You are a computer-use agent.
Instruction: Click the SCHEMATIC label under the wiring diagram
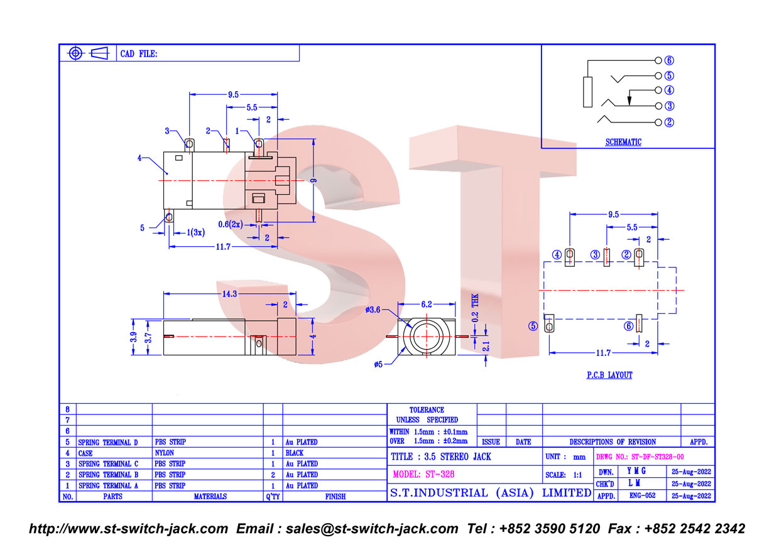pos(623,142)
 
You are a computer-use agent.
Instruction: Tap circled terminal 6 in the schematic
pos(669,60)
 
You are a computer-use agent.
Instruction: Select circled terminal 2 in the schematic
pos(669,122)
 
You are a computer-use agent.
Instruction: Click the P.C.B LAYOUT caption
pos(609,375)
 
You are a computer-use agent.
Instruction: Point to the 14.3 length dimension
pos(229,294)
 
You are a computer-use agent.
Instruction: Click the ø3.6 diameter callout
pos(373,310)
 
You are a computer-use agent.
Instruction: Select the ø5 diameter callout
pos(378,364)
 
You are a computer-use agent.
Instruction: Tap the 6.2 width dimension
pos(427,305)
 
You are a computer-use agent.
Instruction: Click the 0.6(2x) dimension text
pos(231,225)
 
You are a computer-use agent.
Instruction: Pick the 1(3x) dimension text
pos(196,232)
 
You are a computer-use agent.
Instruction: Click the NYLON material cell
pos(165,453)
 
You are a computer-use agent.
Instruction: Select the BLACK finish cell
pos(295,453)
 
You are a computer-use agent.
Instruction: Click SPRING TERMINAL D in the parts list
pos(108,443)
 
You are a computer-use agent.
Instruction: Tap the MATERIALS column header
pos(210,496)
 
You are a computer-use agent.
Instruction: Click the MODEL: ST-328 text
pos(423,474)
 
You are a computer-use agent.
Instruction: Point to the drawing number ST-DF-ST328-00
pos(658,457)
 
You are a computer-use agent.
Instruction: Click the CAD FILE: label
pos(139,54)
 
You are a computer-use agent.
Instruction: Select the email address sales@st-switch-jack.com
pos(372,529)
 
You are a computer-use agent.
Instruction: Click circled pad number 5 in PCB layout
pos(533,326)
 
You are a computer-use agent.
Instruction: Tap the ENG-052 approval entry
pos(642,495)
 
